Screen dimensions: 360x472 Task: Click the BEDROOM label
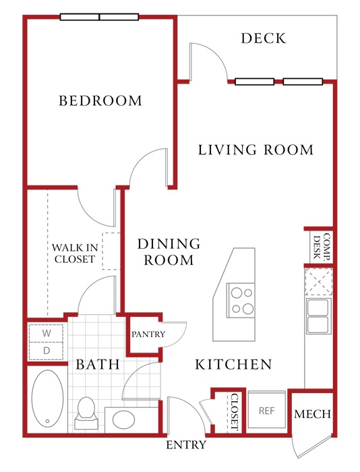point(100,100)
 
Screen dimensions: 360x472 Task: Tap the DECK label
point(264,38)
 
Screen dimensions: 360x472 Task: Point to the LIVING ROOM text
point(256,150)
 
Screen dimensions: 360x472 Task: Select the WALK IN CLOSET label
point(75,253)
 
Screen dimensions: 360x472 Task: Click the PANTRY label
point(148,334)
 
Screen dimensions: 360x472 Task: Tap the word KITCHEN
point(233,364)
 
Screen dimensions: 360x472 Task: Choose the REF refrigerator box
point(267,411)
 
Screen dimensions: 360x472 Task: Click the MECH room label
point(312,414)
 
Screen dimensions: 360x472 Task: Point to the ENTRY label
point(186,444)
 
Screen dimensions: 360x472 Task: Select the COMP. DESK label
point(322,247)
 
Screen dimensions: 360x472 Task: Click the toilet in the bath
point(86,413)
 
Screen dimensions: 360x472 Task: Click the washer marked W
point(47,333)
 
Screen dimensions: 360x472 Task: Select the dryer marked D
point(47,351)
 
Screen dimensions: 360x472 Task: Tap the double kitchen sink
point(318,316)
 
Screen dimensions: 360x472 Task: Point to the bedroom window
point(99,17)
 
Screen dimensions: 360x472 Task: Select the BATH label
point(98,364)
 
